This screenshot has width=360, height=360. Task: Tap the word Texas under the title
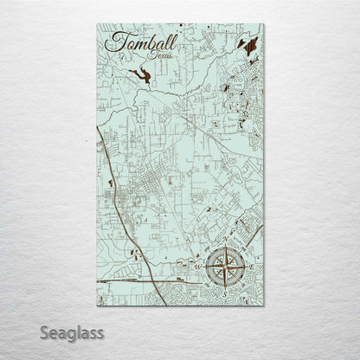point(160,56)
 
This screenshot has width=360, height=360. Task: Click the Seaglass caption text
point(74,331)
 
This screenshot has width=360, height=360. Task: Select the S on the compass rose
point(225,294)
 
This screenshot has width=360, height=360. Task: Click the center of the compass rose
point(226,267)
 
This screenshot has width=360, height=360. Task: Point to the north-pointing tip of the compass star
point(226,246)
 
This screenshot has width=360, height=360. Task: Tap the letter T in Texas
point(150,55)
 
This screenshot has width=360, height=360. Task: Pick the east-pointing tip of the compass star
point(247,267)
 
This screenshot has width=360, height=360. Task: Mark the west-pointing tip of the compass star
point(205,267)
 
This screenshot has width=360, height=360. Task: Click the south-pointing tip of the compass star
point(226,288)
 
